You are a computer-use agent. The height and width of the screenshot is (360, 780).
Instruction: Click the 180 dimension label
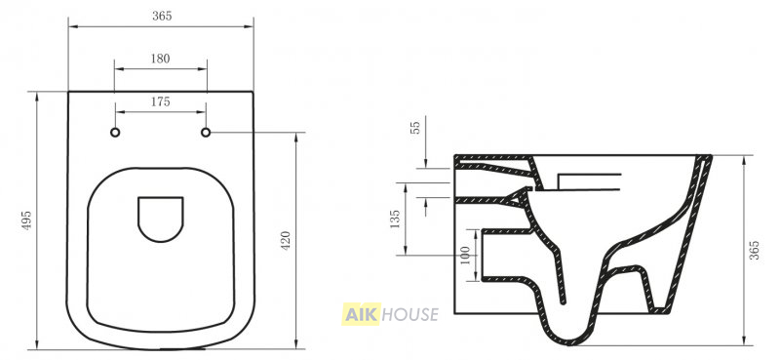(x=160, y=59)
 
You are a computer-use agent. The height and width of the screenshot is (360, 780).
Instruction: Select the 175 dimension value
(x=160, y=102)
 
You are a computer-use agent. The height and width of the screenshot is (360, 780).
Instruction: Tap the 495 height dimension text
(x=27, y=220)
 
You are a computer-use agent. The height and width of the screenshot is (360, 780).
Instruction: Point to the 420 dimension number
(x=286, y=241)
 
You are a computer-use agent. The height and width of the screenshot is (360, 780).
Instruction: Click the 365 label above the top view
(x=162, y=16)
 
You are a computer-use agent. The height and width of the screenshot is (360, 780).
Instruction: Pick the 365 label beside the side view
(x=754, y=250)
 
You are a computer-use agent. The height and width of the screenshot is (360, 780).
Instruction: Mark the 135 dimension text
(x=395, y=220)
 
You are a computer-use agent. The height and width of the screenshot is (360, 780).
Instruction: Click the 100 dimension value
(x=466, y=255)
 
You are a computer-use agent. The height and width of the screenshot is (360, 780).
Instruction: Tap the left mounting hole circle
(x=115, y=133)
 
